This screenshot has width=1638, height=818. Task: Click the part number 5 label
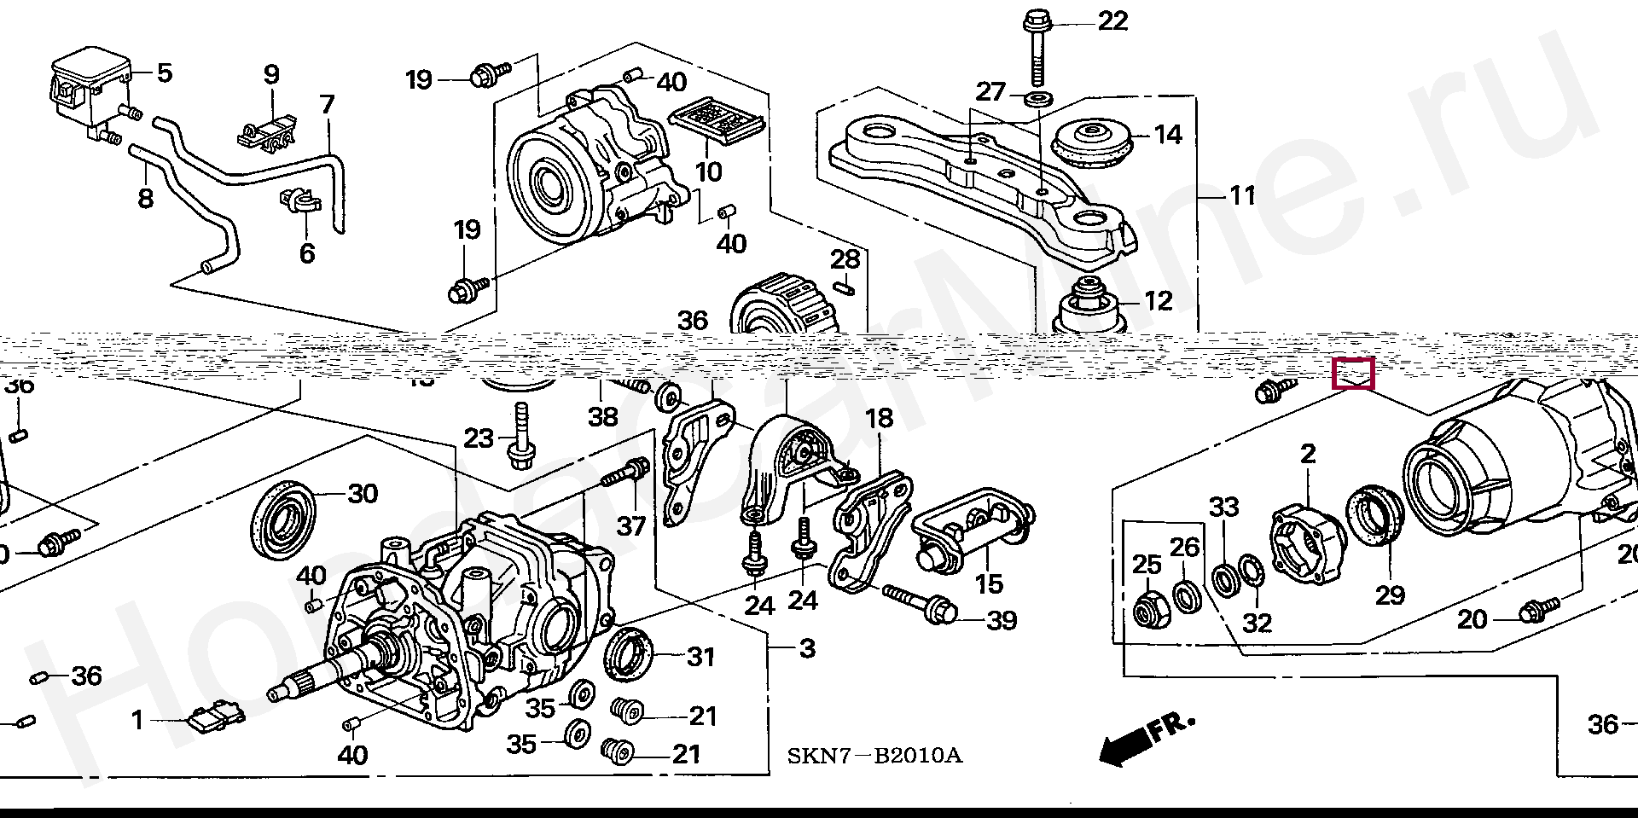click(x=163, y=73)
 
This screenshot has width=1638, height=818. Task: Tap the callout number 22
click(x=1112, y=20)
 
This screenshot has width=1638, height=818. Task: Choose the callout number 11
click(x=1243, y=195)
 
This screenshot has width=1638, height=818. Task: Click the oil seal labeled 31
click(x=630, y=654)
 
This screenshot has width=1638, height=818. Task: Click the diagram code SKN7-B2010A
click(x=874, y=756)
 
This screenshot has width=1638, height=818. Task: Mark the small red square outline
click(x=1354, y=374)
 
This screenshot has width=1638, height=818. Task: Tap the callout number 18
click(x=880, y=419)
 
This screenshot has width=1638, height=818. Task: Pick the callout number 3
click(x=807, y=648)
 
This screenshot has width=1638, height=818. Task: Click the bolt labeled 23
click(x=518, y=439)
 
